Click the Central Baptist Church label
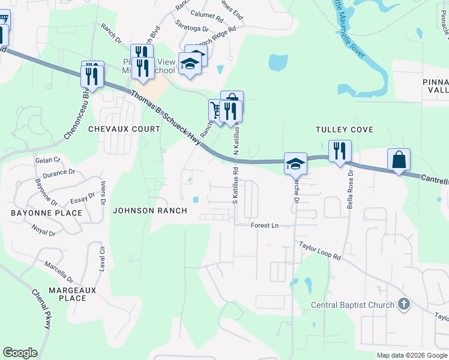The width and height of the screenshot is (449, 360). click(x=352, y=305)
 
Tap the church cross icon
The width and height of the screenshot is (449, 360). click(x=403, y=305)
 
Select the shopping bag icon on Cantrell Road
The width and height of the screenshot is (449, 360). click(x=399, y=160)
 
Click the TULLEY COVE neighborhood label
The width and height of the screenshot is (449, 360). click(x=345, y=130)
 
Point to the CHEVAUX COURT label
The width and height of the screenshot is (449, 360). click(x=124, y=129)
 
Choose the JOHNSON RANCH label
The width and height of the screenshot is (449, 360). click(x=150, y=211)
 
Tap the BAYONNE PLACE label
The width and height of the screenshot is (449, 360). click(x=46, y=213)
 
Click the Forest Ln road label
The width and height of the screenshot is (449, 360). click(x=265, y=225)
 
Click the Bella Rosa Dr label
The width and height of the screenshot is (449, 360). click(x=350, y=189)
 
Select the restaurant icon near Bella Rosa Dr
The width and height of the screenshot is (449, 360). click(x=340, y=151)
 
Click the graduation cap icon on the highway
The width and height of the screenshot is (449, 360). click(x=295, y=163)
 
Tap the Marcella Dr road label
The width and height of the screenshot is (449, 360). click(x=58, y=271)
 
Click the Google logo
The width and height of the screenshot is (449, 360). click(x=20, y=353)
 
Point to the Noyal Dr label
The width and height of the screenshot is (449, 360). click(x=44, y=229)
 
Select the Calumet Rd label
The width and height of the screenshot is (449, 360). click(x=206, y=13)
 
